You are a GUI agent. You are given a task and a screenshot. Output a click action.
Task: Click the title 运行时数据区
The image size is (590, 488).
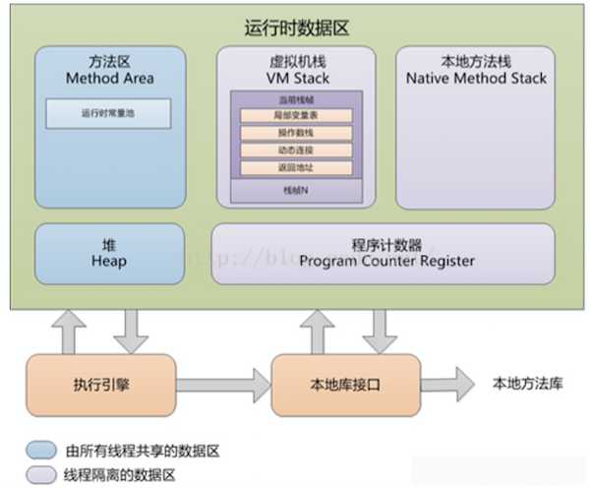pos(295,27)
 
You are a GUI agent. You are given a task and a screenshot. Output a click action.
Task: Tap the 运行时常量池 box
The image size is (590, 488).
pos(108,113)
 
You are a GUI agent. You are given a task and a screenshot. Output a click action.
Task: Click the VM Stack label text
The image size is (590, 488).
pos(295,78)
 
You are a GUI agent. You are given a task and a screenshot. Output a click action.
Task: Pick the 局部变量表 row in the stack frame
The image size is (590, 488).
pos(295,116)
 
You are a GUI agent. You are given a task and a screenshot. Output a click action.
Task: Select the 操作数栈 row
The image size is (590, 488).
pos(295,133)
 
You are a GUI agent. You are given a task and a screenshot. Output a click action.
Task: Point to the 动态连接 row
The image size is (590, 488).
pos(295,150)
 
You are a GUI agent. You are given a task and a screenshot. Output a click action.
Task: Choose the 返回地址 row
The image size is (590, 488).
pos(295,166)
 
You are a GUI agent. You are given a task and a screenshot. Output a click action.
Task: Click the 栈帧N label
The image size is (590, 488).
pos(295,188)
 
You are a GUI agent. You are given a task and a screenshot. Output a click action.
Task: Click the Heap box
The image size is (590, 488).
pos(109,254)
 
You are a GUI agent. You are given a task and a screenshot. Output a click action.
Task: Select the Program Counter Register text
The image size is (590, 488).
pos(386,261)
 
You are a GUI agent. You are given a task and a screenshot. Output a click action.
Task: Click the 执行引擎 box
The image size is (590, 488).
pos(101,385)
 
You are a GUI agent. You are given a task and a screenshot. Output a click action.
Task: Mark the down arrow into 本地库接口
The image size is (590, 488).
pos(379,331)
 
